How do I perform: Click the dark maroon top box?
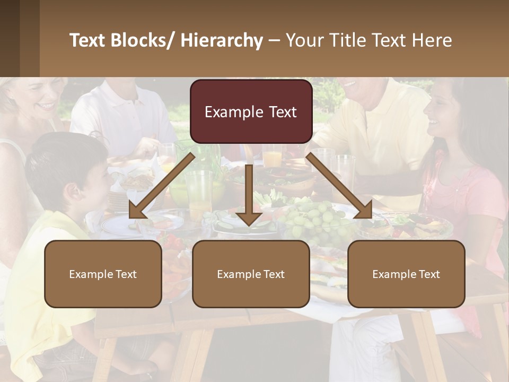point(251,111)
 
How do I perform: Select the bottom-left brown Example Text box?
point(103,274)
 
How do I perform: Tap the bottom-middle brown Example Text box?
point(251,274)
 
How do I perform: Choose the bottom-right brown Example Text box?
point(406,274)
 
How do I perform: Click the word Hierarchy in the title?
point(222,40)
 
